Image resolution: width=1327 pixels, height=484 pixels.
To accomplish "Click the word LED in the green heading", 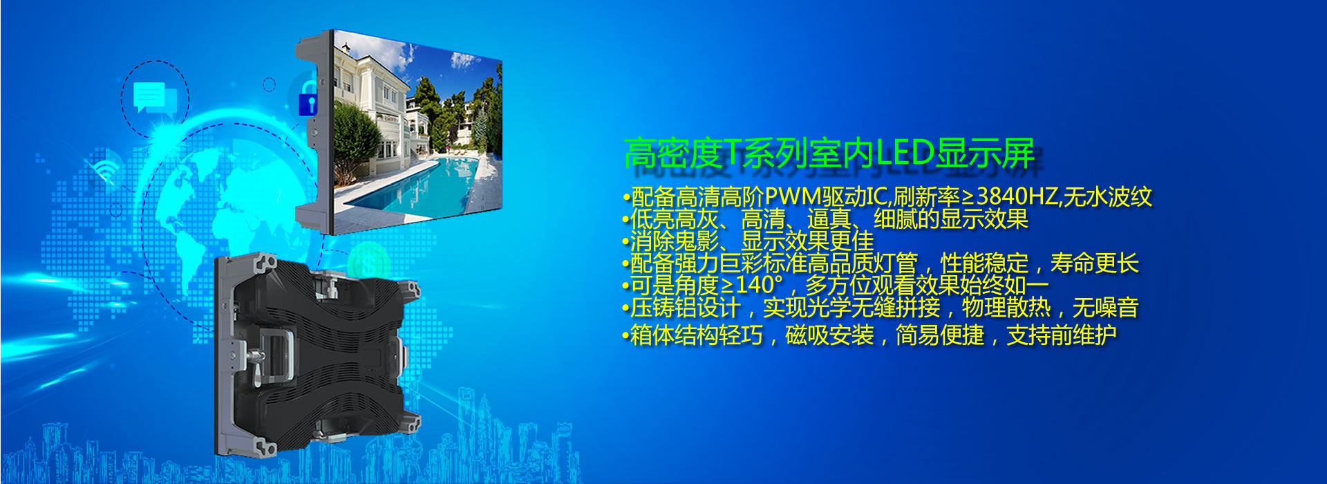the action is pyautogui.click(x=905, y=153).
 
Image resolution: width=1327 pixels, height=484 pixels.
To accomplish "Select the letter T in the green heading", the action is pyautogui.click(x=731, y=153).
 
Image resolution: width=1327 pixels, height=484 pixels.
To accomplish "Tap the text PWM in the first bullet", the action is pyautogui.click(x=793, y=197).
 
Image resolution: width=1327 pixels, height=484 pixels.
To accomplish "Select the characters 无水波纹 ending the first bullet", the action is pyautogui.click(x=1108, y=197).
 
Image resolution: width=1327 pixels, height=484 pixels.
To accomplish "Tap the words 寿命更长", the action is pyautogui.click(x=1094, y=263).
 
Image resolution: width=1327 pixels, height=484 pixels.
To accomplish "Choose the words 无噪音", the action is pyautogui.click(x=1105, y=308).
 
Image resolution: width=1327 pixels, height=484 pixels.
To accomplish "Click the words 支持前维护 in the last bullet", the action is pyautogui.click(x=1062, y=335).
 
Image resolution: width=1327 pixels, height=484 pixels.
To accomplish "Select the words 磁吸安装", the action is pyautogui.click(x=829, y=335).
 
